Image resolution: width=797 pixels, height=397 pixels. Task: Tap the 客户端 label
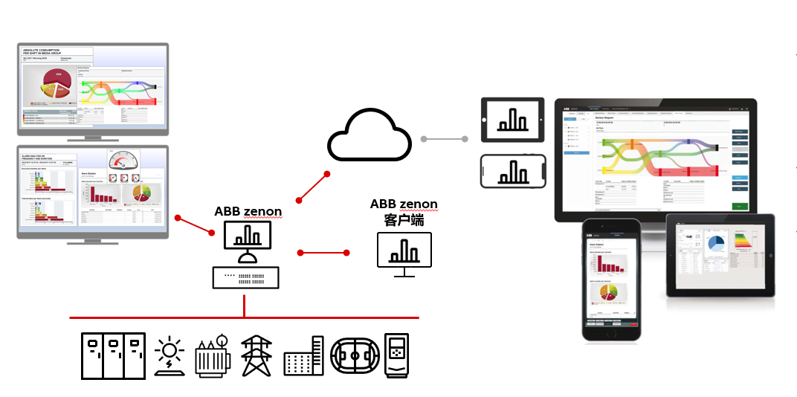(404, 219)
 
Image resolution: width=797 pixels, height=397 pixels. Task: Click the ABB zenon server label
(248, 211)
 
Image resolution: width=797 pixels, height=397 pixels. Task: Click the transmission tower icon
(256, 356)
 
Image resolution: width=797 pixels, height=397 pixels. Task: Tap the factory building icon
(304, 357)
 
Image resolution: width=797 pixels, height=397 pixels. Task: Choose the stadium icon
(354, 357)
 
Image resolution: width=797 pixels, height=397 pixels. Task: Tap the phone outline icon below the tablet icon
(513, 171)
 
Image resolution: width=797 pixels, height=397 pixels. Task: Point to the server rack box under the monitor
(245, 277)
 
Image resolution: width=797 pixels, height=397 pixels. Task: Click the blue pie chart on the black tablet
(716, 244)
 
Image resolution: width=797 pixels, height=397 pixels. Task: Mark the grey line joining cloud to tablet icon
(444, 139)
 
